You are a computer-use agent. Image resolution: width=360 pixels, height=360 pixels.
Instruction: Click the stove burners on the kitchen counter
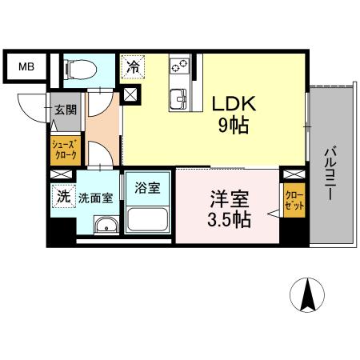click(178, 66)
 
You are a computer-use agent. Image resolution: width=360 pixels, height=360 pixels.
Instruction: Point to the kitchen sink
click(178, 98)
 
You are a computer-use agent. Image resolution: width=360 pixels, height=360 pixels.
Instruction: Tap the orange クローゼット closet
click(293, 199)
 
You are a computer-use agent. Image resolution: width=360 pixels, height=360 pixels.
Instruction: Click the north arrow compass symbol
click(306, 297)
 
